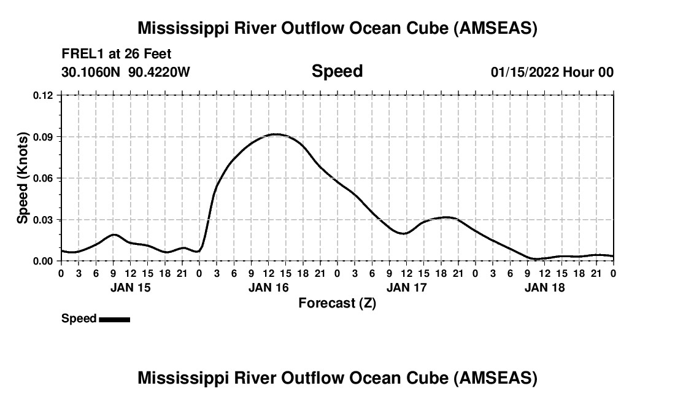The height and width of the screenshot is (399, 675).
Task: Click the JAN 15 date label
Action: tap(130, 287)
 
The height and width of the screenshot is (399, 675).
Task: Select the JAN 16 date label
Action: tap(268, 287)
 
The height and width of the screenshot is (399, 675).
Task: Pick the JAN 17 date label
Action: tap(406, 287)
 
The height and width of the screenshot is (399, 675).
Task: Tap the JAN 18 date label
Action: tap(544, 287)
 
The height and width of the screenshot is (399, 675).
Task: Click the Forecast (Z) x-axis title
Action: tap(337, 303)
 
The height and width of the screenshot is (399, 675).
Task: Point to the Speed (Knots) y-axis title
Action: tap(23, 178)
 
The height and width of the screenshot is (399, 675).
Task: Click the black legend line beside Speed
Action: tap(114, 319)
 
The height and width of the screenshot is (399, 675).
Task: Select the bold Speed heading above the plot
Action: tap(337, 71)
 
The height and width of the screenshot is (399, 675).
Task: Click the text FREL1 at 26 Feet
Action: tap(117, 54)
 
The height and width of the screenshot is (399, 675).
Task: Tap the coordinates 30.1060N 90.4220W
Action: tap(126, 72)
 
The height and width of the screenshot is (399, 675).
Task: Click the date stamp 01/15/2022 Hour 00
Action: tap(552, 72)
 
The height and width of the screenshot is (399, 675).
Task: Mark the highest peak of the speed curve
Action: tap(276, 134)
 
